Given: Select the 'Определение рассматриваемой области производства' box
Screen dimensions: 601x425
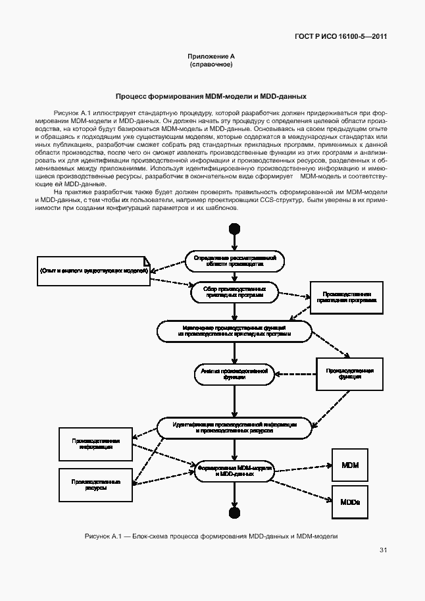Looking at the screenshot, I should [x=234, y=260].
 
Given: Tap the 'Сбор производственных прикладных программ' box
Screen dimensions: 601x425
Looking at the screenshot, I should [x=234, y=292].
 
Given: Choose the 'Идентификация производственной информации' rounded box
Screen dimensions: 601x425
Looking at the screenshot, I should [x=234, y=428].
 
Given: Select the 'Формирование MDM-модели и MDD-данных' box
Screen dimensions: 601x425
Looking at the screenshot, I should [x=234, y=470].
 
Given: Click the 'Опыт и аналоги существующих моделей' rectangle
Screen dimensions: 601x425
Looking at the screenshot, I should [x=94, y=271].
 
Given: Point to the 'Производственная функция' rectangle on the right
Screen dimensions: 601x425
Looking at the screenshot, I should [x=350, y=374].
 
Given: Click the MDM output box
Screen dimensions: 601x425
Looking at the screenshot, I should [x=350, y=465].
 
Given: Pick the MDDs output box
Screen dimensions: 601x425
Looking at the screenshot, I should [x=350, y=502].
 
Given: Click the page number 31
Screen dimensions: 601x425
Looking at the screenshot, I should [x=384, y=550].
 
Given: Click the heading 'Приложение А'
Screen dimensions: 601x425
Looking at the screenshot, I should [x=211, y=57].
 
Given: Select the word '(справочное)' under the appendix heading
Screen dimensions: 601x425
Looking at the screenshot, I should [x=211, y=65].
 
